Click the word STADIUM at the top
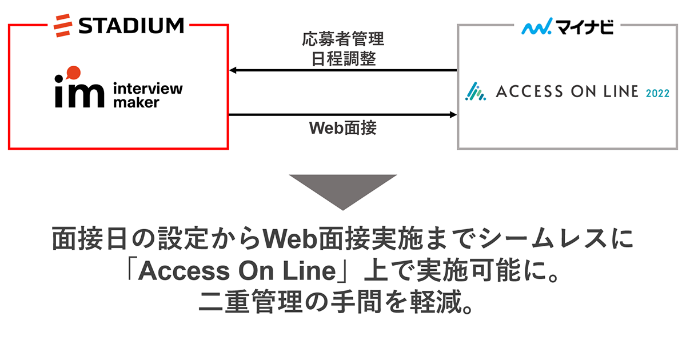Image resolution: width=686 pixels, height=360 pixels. pyautogui.click(x=131, y=25)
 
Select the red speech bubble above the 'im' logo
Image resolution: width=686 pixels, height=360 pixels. pyautogui.click(x=73, y=73)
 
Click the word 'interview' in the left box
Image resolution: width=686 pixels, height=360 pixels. pyautogui.click(x=148, y=89)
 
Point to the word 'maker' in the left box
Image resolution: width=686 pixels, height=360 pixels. pyautogui.click(x=136, y=103)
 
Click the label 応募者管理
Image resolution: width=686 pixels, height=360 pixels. pyautogui.click(x=343, y=40)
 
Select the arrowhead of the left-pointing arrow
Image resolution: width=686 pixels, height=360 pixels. pyautogui.click(x=233, y=71)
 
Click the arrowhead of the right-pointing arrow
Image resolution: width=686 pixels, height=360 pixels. pyautogui.click(x=453, y=115)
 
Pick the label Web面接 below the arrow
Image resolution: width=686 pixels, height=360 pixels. pyautogui.click(x=343, y=129)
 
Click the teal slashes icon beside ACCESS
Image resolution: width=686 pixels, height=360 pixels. pyautogui.click(x=475, y=92)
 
